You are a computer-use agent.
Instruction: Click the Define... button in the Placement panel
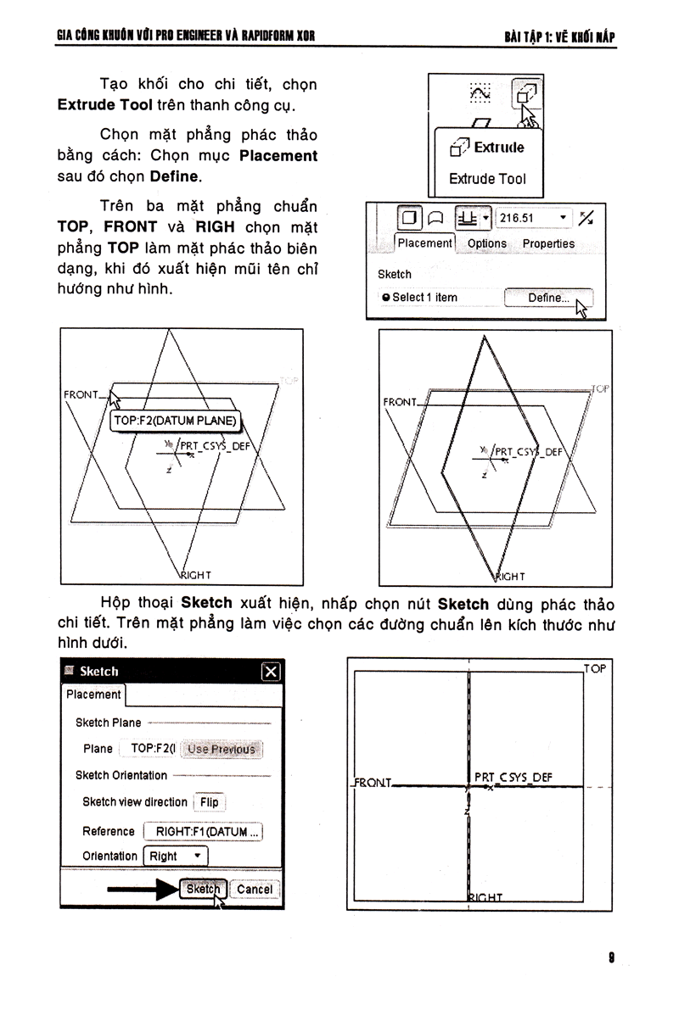click(548, 298)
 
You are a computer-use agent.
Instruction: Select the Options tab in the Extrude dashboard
click(486, 243)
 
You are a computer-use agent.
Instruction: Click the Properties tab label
click(548, 243)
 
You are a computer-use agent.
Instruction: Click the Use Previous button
click(221, 749)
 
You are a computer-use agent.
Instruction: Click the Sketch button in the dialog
click(203, 890)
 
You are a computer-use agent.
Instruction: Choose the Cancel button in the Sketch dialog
click(255, 890)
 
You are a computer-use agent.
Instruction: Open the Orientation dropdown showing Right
click(175, 857)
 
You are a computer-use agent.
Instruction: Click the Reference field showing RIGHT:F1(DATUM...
click(204, 832)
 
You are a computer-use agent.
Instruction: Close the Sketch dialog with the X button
click(270, 672)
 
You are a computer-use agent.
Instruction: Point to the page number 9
click(611, 958)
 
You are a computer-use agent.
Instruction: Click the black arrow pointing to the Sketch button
click(141, 890)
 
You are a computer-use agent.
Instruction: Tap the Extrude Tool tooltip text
click(487, 179)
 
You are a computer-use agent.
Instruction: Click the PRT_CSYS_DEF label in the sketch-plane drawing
click(513, 777)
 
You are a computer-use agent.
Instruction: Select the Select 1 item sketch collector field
click(424, 298)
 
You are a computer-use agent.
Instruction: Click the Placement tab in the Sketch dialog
click(93, 695)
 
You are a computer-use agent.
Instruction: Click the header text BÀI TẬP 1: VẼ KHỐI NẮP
click(558, 36)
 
